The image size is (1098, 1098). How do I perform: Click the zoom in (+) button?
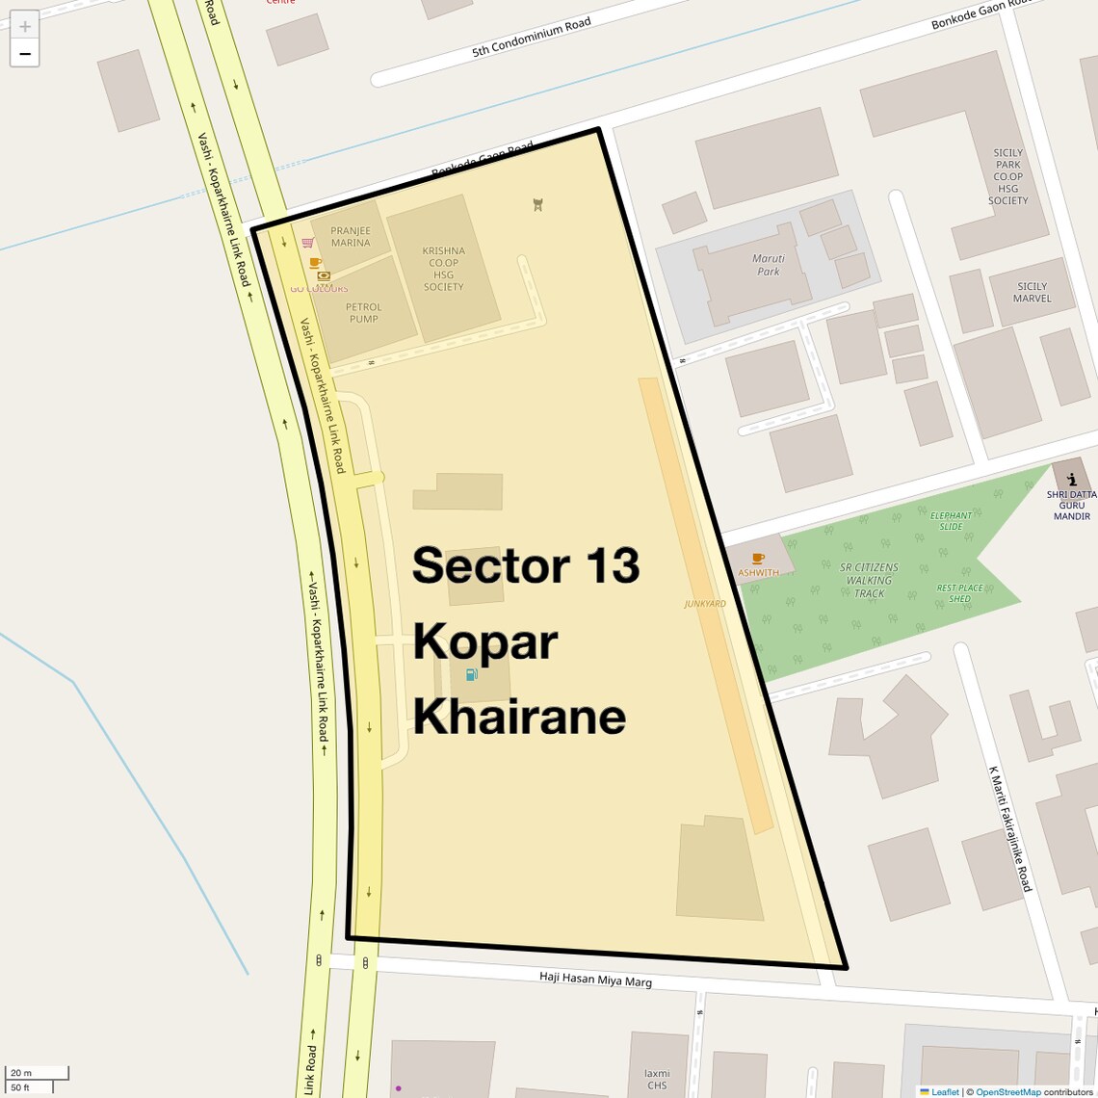tap(25, 26)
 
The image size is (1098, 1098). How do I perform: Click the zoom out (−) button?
tap(25, 54)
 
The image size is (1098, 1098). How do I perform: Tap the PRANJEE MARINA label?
tap(351, 237)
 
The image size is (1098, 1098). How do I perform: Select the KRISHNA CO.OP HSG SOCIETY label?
tap(443, 269)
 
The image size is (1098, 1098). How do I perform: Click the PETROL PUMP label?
tap(364, 313)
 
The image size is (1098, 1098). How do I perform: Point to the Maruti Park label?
tap(769, 265)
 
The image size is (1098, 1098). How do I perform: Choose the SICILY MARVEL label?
tap(1032, 292)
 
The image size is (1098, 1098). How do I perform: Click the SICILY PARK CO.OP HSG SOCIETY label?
tap(1007, 177)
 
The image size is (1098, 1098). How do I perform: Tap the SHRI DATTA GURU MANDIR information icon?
tap(1071, 479)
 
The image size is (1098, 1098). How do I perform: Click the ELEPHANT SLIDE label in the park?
tap(951, 521)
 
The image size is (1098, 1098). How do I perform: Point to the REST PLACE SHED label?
tap(959, 593)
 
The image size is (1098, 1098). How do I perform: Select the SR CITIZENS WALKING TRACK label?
tap(869, 581)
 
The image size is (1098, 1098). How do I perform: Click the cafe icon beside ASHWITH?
tap(758, 559)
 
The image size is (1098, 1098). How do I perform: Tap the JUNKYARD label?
tap(705, 604)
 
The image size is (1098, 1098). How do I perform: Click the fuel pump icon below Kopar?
tap(472, 674)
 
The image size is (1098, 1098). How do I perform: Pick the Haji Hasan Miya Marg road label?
tap(595, 980)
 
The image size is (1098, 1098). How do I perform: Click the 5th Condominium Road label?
tap(532, 38)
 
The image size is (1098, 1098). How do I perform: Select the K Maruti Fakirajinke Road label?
tap(1009, 828)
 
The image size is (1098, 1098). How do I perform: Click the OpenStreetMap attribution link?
tap(1007, 1092)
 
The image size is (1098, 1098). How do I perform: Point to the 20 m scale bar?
tap(37, 1073)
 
